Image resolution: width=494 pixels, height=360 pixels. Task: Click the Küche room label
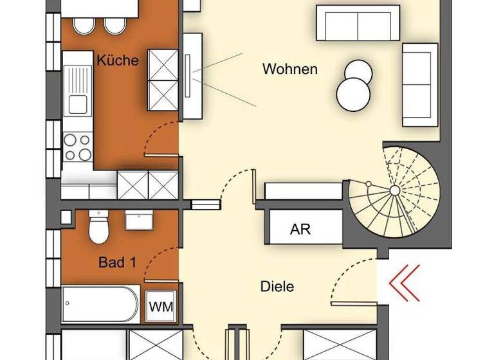coord(118,60)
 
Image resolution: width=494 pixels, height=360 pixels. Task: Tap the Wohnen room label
coord(289,69)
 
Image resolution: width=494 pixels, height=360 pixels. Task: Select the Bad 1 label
coord(117,262)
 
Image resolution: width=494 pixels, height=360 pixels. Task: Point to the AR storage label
coord(300,229)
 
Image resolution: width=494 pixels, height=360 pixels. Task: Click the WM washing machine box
coord(160,307)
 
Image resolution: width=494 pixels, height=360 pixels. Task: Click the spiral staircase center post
coord(394,191)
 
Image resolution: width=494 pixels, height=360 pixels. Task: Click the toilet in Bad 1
coord(98,228)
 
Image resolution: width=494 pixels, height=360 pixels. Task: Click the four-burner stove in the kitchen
coord(78,147)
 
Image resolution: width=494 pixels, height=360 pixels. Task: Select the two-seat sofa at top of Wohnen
coord(357,24)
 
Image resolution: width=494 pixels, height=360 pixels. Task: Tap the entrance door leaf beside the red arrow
coord(353,301)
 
